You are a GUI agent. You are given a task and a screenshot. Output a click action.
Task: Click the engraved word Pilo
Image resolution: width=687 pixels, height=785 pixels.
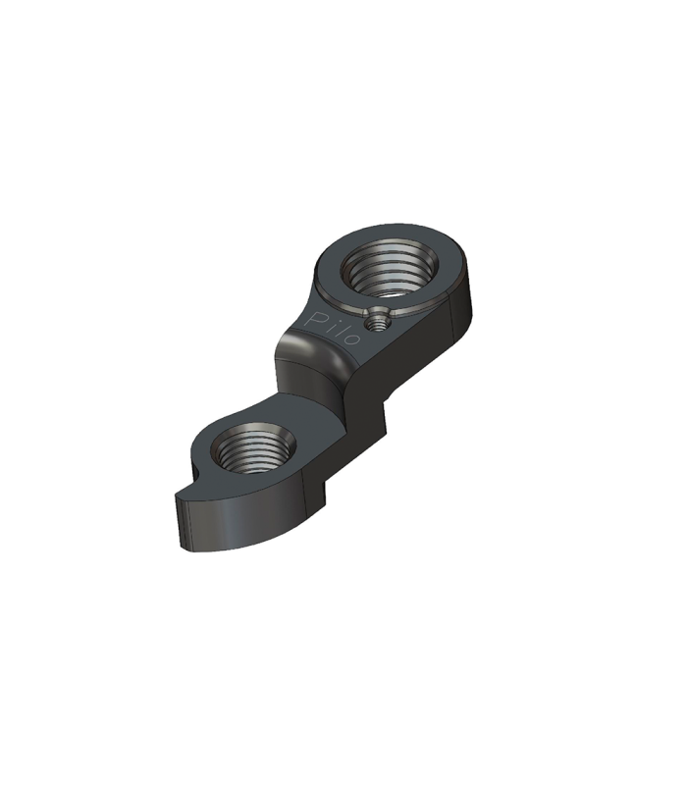click(x=334, y=328)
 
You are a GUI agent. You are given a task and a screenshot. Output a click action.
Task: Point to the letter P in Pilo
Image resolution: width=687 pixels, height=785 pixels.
click(x=317, y=319)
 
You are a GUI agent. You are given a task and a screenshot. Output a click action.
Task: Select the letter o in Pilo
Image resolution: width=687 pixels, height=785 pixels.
click(x=352, y=339)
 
